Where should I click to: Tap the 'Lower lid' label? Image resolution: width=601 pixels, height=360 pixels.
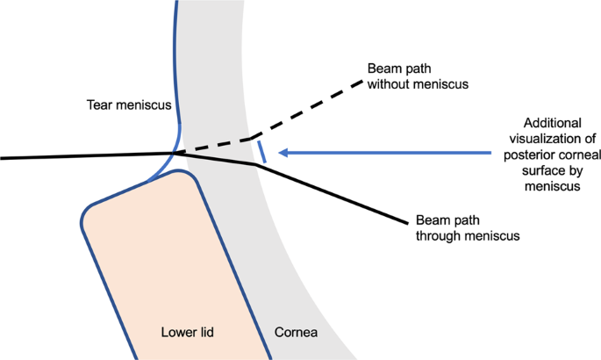[187, 333]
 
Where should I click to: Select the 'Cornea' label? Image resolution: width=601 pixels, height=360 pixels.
[295, 333]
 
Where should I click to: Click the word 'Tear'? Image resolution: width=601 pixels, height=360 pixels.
[99, 104]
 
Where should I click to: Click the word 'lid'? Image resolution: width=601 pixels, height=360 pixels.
[206, 333]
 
